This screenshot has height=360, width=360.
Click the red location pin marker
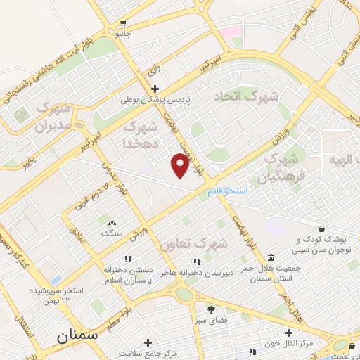pos(180,166)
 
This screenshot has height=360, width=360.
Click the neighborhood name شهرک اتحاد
pos(246,96)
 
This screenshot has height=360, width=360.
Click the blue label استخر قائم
pos(226,191)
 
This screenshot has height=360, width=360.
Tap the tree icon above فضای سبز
pos(210,309)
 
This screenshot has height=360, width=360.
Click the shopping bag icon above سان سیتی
pos(322,229)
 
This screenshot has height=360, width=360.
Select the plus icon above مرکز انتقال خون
pos(288,333)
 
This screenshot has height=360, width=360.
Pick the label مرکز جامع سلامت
pos(148,352)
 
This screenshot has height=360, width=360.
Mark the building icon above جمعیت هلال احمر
pos(271,257)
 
